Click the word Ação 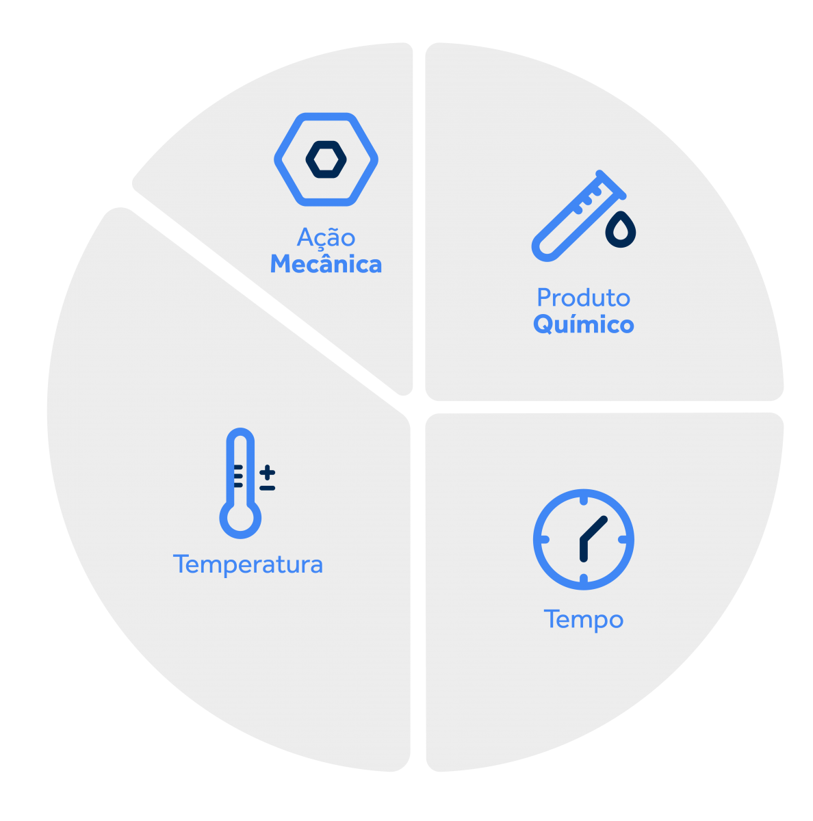[326, 237]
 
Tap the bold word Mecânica [326, 263]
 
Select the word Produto [583, 298]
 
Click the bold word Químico [583, 325]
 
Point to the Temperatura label [248, 564]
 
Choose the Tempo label [583, 620]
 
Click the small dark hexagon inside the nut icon [326, 159]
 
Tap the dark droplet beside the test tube [620, 229]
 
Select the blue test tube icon [578, 216]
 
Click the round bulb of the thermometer [240, 518]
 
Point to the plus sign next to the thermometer [268, 472]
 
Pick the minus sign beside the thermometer [268, 488]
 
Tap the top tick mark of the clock [584, 501]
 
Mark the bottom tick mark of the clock [584, 579]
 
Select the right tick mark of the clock [623, 539]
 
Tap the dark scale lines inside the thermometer [238, 476]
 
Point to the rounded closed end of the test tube [545, 248]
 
